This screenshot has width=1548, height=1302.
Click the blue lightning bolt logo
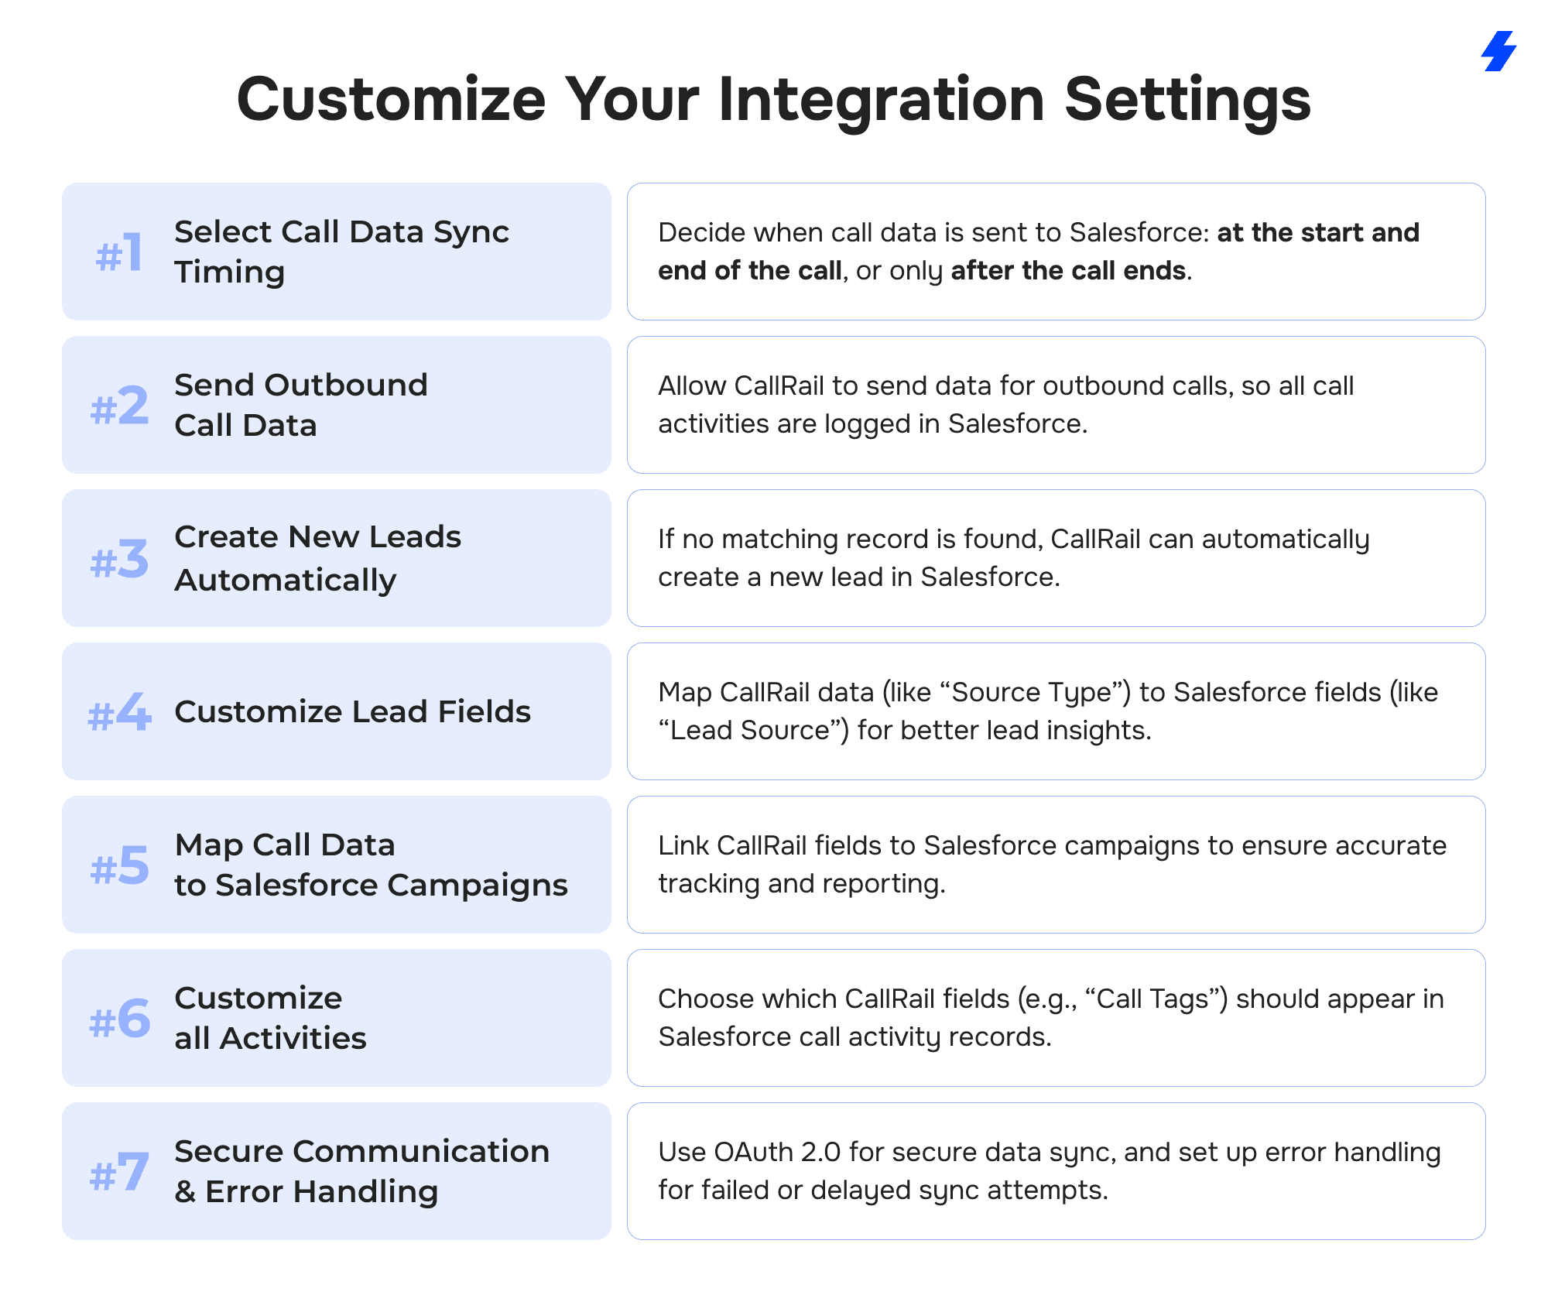(x=1498, y=51)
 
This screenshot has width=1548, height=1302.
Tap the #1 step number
(x=118, y=252)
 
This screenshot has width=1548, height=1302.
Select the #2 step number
(x=119, y=406)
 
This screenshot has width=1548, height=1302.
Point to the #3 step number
(x=119, y=559)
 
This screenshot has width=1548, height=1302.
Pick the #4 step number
(x=119, y=712)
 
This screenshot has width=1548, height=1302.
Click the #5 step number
(x=119, y=865)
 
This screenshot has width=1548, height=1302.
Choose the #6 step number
(x=119, y=1019)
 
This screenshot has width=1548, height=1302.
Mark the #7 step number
(x=119, y=1172)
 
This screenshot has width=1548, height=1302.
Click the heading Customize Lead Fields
(x=353, y=711)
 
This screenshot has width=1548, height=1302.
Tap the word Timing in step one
(x=230, y=273)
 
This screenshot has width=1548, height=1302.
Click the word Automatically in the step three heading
(x=286, y=581)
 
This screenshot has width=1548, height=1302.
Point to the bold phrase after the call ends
(x=1068, y=270)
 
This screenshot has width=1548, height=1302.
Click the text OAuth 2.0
(x=777, y=1152)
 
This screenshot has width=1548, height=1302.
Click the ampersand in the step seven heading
(x=185, y=1192)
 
